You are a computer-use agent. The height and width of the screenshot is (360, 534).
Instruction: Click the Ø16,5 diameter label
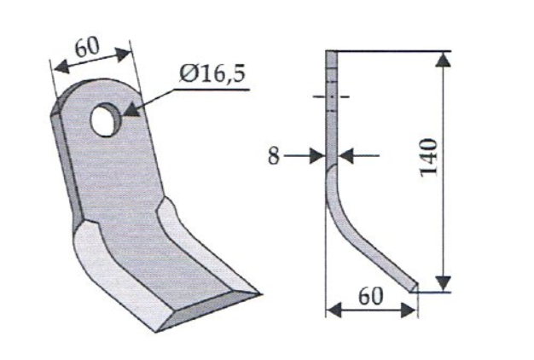point(212,73)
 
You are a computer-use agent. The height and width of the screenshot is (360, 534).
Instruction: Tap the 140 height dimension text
point(428,157)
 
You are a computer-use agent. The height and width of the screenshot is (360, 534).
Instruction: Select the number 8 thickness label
point(273,156)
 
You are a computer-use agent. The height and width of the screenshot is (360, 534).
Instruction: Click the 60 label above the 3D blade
point(87,47)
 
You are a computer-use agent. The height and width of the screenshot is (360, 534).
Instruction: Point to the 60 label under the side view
point(371,296)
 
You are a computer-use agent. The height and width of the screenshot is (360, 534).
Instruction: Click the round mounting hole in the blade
point(107,119)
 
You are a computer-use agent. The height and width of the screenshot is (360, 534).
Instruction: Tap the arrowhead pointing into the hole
point(131,110)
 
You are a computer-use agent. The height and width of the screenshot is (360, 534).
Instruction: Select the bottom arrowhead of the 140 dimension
point(443,283)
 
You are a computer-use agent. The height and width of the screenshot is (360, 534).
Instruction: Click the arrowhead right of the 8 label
point(317,156)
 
